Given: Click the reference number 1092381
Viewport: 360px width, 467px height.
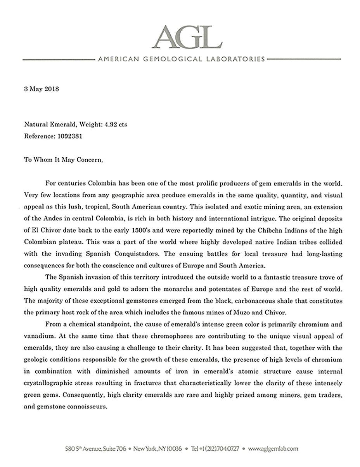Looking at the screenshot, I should [x=67, y=137].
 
